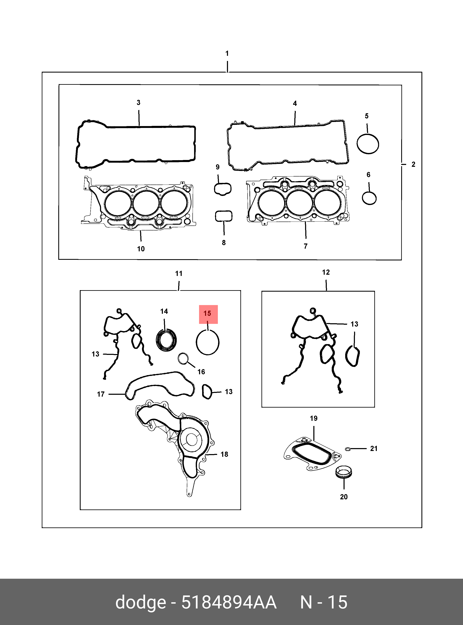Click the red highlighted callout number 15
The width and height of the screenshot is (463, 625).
tap(208, 314)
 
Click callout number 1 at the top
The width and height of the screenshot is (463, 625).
tap(227, 53)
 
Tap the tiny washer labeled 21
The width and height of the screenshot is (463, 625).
tap(348, 449)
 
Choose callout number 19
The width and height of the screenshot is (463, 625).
tap(314, 419)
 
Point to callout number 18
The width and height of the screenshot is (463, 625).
tap(224, 454)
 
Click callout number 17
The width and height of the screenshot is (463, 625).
tap(101, 394)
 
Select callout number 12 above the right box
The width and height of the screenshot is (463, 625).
tap(326, 272)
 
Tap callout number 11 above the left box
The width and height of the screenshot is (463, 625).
tap(179, 274)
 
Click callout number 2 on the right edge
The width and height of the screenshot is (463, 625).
tap(413, 165)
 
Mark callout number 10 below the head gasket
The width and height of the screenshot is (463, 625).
tap(141, 249)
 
